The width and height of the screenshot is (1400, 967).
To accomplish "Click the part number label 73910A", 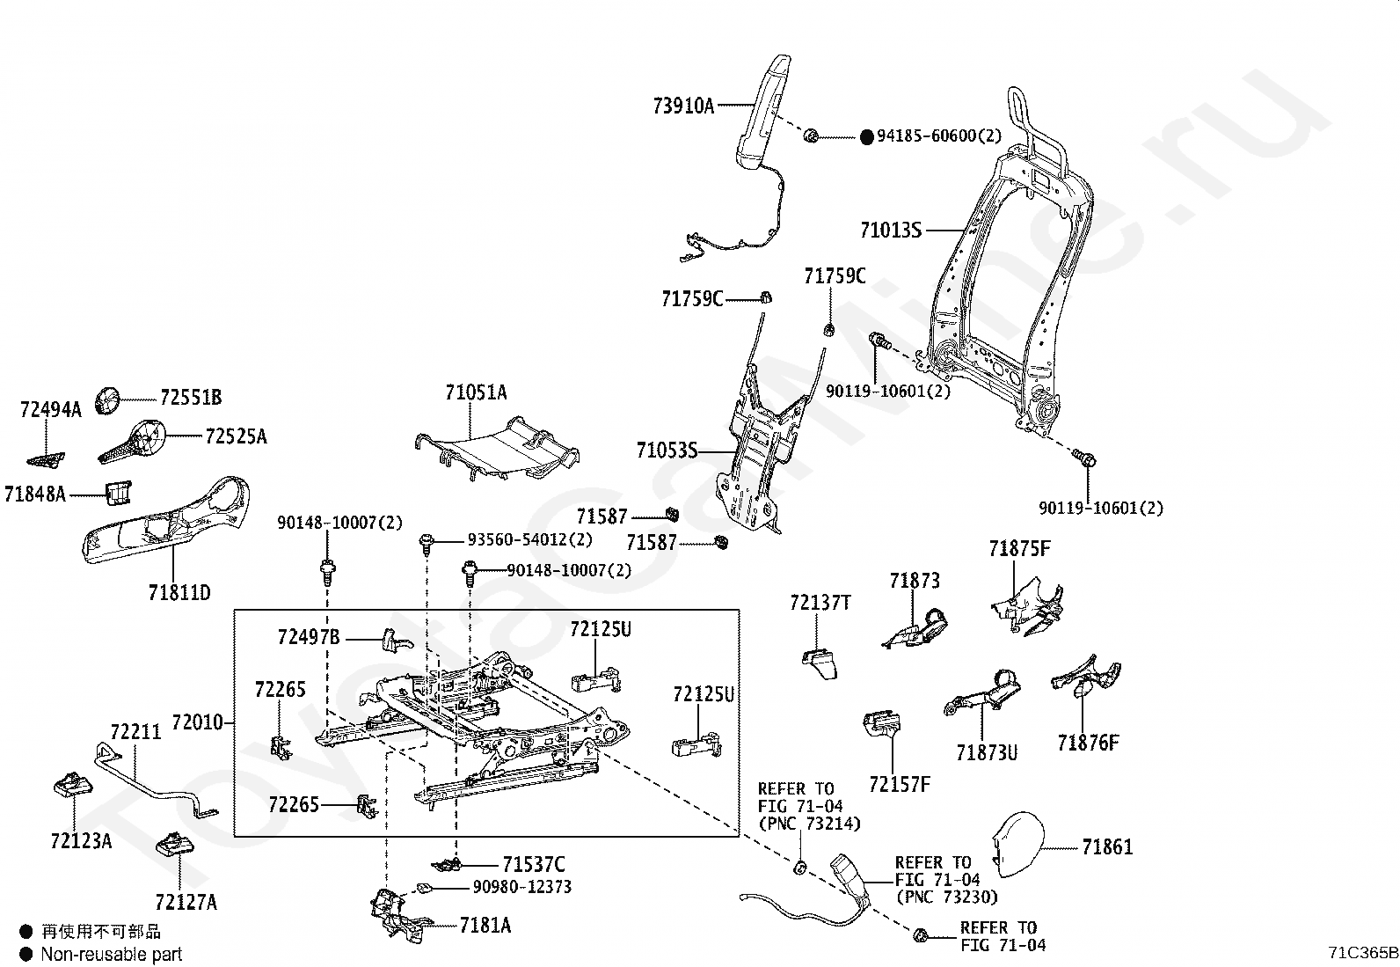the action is [x=683, y=106].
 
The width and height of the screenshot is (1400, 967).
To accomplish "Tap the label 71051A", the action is [x=476, y=392].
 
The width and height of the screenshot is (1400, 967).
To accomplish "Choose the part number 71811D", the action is [x=179, y=591].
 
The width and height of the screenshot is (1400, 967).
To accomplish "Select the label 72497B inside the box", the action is [x=309, y=637].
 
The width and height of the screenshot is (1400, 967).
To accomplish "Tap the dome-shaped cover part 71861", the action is [x=1018, y=845].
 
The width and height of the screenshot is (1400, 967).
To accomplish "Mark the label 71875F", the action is [x=1019, y=548].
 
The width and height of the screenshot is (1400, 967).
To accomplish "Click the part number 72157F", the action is [x=900, y=784].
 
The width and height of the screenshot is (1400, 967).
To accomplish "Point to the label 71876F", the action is [x=1088, y=743].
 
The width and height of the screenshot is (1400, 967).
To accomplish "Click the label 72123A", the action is [x=81, y=841].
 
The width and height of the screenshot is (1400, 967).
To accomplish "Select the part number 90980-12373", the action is [x=521, y=886].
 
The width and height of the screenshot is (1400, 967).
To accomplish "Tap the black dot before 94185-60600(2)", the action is [x=867, y=137].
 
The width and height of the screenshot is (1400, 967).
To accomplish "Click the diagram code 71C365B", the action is [x=1363, y=952].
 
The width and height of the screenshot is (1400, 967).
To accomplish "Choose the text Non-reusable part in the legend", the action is [x=112, y=954].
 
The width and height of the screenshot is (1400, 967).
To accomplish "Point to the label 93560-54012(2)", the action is [x=530, y=539].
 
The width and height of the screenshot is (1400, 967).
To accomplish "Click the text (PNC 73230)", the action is [x=947, y=897].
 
